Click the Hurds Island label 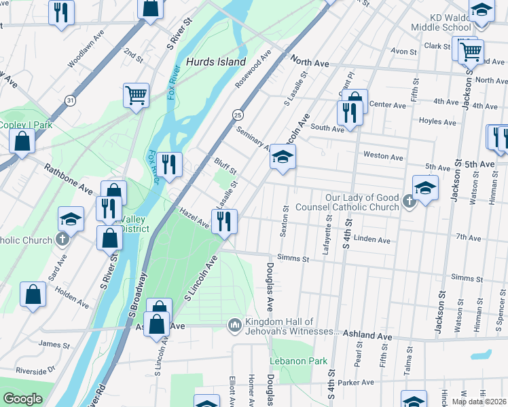pyautogui.click(x=216, y=62)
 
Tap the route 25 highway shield pyautogui.click(x=238, y=115)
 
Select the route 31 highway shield pyautogui.click(x=70, y=100)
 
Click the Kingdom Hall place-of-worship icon pyautogui.click(x=235, y=326)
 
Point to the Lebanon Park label pyautogui.click(x=299, y=361)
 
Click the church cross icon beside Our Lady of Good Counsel pyautogui.click(x=408, y=201)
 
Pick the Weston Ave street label pyautogui.click(x=383, y=156)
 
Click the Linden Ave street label pyautogui.click(x=372, y=240)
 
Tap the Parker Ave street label pyautogui.click(x=372, y=383)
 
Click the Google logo pyautogui.click(x=22, y=399)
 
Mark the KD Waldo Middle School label pyautogui.click(x=441, y=22)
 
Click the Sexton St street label pyautogui.click(x=285, y=222)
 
